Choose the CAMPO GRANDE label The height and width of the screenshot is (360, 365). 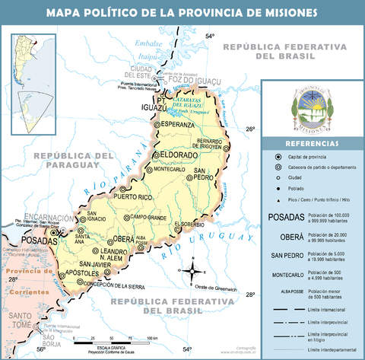148,218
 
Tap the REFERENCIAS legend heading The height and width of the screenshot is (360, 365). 312,144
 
